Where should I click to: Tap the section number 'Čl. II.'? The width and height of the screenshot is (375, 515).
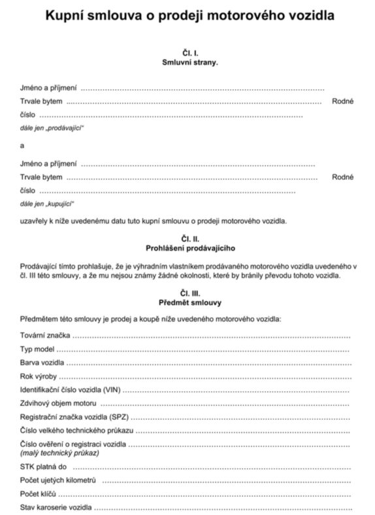click(189, 239)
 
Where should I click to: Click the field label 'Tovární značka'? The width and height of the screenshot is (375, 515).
click(45, 335)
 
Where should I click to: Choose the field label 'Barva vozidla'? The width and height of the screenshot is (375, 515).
click(42, 362)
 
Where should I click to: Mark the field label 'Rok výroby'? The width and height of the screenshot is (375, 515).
click(39, 376)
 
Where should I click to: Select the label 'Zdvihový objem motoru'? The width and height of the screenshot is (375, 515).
click(58, 403)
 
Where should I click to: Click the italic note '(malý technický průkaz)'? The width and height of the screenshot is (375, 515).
click(59, 453)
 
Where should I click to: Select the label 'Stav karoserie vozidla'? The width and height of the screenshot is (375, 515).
click(56, 508)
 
